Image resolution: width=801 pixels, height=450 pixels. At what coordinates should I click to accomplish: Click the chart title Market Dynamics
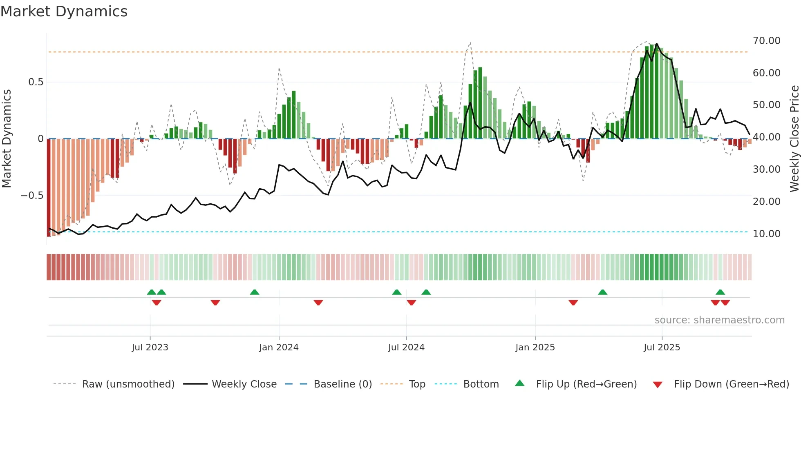point(64,11)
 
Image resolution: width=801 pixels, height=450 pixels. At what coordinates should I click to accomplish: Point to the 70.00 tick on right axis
point(766,41)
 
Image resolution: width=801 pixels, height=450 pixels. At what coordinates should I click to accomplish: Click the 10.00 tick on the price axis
point(766,234)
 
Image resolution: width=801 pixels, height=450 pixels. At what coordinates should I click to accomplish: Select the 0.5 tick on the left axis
point(36,82)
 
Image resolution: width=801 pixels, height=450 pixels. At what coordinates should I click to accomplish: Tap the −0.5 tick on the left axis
point(32,196)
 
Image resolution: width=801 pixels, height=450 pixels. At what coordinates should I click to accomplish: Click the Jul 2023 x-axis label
point(150,348)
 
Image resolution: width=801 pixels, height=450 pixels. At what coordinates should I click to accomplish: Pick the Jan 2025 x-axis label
point(535,348)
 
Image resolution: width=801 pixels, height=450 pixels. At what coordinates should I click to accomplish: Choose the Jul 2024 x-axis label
point(406,348)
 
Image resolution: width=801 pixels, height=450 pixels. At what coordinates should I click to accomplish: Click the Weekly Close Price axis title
point(794,138)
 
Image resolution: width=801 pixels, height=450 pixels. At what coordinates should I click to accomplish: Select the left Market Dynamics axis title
point(7,138)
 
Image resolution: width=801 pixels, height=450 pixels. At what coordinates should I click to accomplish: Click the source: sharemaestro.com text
point(719,320)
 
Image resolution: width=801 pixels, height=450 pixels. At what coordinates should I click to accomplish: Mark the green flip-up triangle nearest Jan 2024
point(255,292)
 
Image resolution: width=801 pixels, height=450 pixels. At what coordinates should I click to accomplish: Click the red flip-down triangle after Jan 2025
point(573,303)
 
